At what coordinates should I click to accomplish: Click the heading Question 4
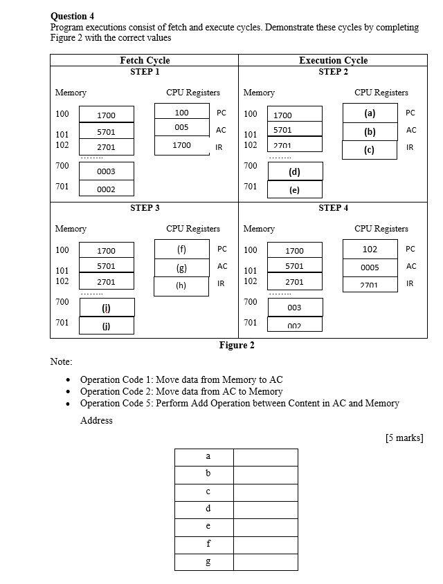[73, 16]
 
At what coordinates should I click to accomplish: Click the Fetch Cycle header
[145, 61]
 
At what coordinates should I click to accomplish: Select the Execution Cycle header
[333, 61]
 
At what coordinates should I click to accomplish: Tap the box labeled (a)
[370, 113]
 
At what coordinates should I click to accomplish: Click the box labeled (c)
[370, 150]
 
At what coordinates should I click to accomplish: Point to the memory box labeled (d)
[294, 171]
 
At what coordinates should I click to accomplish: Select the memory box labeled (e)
[294, 189]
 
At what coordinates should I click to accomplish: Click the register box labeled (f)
[181, 249]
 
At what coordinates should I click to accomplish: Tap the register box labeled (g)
[181, 267]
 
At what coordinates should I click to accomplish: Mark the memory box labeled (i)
[107, 308]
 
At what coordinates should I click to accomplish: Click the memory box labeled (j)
[107, 326]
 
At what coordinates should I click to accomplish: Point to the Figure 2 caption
[237, 346]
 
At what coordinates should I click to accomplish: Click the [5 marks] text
[404, 437]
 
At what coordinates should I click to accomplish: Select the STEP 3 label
[145, 208]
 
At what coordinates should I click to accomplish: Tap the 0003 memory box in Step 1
[107, 171]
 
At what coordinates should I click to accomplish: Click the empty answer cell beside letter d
[266, 509]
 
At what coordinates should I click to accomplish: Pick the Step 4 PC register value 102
[370, 249]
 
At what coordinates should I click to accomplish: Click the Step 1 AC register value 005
[181, 128]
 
